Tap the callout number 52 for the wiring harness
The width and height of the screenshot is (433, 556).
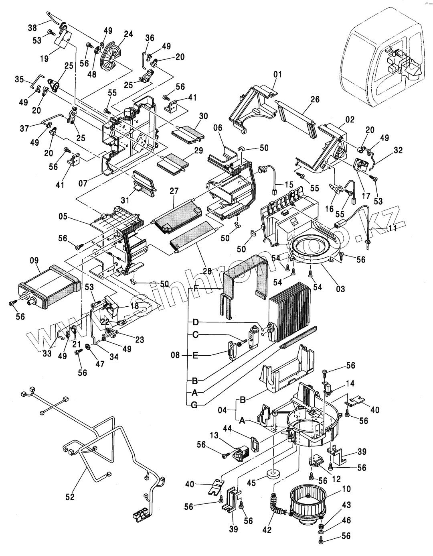[x=70, y=497]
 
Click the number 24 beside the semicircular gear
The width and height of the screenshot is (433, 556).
[x=128, y=34]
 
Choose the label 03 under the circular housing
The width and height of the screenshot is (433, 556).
[x=340, y=289]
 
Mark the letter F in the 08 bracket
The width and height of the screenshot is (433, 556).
[x=196, y=288]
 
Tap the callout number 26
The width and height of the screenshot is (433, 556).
[x=315, y=99]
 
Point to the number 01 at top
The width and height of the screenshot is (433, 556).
[x=277, y=74]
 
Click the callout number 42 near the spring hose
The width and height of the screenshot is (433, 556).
[x=267, y=530]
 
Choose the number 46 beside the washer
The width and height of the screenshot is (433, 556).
[x=346, y=520]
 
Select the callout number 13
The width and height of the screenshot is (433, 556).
[x=214, y=435]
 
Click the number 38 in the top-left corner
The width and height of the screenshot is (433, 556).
[x=32, y=28]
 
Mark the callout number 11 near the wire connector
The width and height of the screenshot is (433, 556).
[x=392, y=228]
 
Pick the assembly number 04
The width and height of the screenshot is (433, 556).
[x=223, y=410]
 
